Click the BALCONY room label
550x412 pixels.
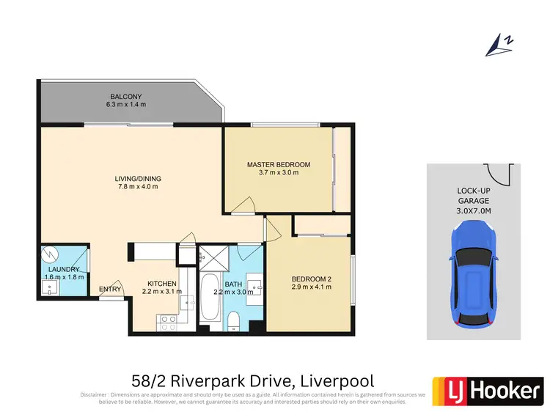click(126, 97)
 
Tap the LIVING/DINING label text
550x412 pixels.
click(137, 178)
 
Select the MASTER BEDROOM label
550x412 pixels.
click(278, 164)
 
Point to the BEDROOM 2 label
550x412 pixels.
click(312, 279)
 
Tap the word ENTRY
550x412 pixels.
click(110, 289)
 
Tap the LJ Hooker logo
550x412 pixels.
click(487, 391)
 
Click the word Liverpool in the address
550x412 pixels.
click(336, 381)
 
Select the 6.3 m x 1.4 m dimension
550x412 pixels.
click(126, 106)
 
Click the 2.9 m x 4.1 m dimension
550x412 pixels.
click(312, 287)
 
